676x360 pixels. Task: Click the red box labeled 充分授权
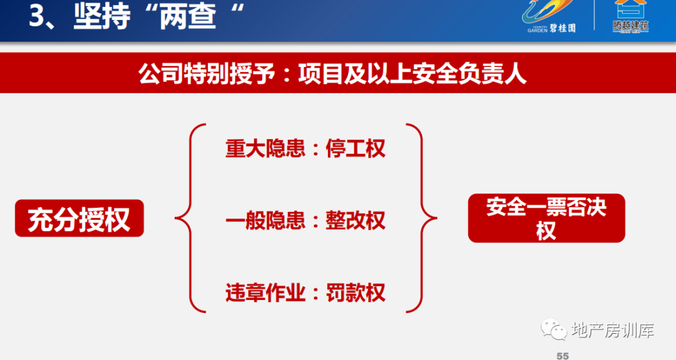(79, 218)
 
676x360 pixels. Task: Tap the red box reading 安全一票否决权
(546, 218)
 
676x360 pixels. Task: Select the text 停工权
(356, 149)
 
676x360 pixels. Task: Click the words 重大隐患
(265, 149)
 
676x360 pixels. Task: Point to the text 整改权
(356, 220)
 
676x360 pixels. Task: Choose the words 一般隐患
(265, 220)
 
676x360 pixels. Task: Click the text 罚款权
(356, 293)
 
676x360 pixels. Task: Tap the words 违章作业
(265, 293)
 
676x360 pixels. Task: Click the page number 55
(563, 356)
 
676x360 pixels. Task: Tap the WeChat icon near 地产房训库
(554, 330)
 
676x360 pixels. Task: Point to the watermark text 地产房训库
(613, 330)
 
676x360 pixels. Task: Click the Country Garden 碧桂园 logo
(548, 16)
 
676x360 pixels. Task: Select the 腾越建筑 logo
(630, 16)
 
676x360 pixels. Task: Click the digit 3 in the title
(37, 16)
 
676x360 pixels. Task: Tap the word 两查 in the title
(188, 16)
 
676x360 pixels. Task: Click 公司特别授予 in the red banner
(207, 74)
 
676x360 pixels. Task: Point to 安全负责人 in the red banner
(469, 74)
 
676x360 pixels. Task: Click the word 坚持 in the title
(102, 16)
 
